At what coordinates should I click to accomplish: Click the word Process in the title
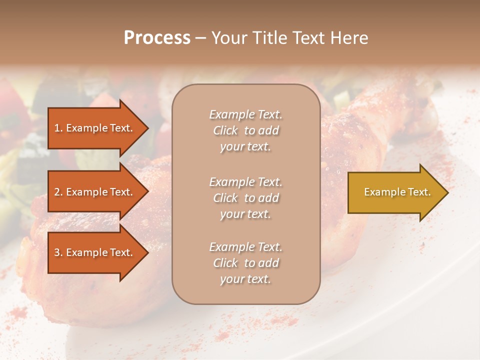click(157, 38)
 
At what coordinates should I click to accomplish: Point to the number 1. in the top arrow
click(58, 128)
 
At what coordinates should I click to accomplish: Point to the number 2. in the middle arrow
click(58, 192)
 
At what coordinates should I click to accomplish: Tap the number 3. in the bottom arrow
click(58, 252)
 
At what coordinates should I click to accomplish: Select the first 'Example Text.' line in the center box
click(245, 114)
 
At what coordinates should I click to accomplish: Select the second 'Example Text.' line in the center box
click(245, 181)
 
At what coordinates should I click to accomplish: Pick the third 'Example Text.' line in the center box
click(245, 247)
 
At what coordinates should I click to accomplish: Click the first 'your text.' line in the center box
click(245, 147)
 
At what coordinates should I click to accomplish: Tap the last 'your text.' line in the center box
click(245, 279)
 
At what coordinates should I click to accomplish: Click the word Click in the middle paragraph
click(225, 198)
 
